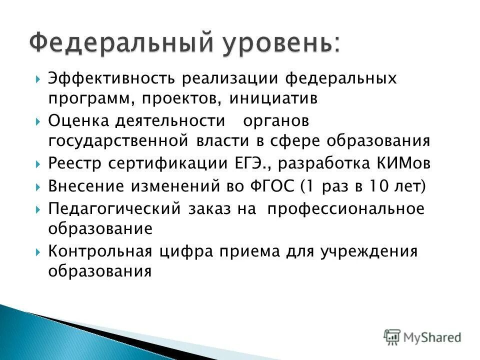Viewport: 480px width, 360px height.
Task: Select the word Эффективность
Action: [x=111, y=78]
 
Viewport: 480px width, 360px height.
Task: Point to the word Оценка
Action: [x=77, y=121]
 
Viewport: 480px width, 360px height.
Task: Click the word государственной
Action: [x=118, y=140]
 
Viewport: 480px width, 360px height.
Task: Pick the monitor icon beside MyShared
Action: [x=392, y=336]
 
